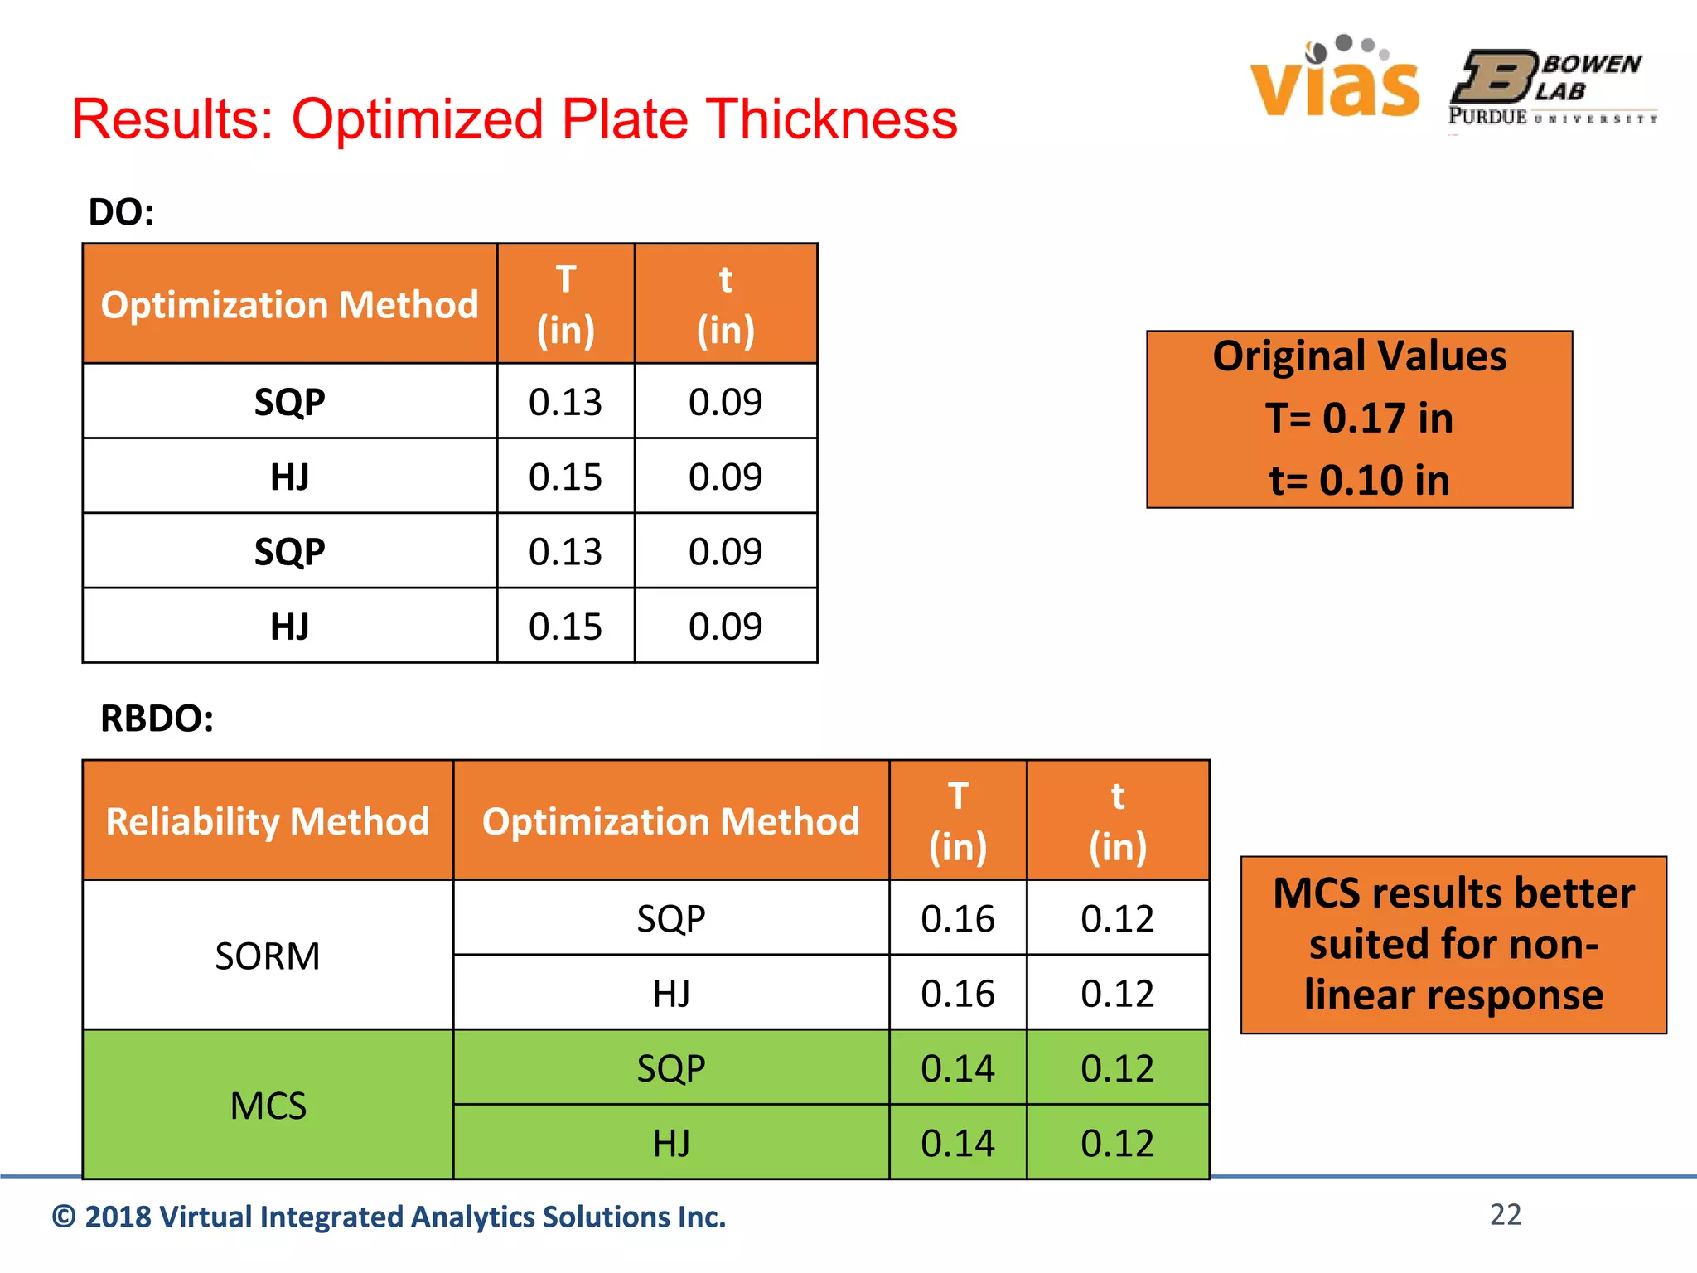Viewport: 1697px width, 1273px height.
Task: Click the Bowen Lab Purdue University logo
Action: click(x=1551, y=88)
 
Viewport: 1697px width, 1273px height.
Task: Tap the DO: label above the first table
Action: click(x=121, y=212)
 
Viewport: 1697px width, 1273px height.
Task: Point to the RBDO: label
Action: click(x=157, y=718)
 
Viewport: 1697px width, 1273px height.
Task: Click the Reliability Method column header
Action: click(x=268, y=820)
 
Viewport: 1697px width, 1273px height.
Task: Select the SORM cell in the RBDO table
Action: click(x=268, y=956)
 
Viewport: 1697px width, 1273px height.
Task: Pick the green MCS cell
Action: click(x=268, y=1106)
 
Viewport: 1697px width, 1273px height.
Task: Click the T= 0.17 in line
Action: click(x=1359, y=418)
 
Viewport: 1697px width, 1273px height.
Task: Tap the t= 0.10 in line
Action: click(x=1359, y=480)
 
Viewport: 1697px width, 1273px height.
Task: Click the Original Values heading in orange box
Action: click(x=1359, y=356)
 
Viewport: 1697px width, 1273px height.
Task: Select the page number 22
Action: click(x=1505, y=1214)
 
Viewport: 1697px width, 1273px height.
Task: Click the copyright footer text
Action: click(x=389, y=1217)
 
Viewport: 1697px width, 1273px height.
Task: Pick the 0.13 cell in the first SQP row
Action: click(x=565, y=402)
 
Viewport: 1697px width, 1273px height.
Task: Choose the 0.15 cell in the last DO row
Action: click(x=565, y=627)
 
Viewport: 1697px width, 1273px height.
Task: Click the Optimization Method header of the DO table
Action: click(x=289, y=304)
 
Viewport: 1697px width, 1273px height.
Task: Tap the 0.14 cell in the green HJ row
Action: click(x=957, y=1143)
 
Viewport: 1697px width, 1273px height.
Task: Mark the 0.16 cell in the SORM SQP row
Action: click(x=957, y=918)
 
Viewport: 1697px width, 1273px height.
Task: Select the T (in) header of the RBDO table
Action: click(x=957, y=820)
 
